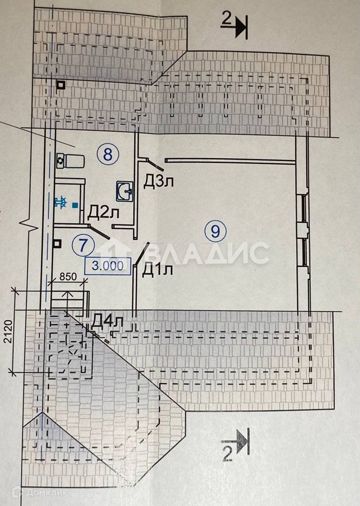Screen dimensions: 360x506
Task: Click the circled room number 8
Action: coord(108,154)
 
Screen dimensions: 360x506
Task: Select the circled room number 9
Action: coord(216,230)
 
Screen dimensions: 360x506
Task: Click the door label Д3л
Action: coord(159,182)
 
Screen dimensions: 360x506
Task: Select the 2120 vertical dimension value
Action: coord(6,333)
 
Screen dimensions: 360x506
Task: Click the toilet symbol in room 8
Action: coord(67,160)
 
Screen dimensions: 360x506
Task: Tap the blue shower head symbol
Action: coord(60,202)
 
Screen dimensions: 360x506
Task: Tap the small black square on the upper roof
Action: coord(62,85)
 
